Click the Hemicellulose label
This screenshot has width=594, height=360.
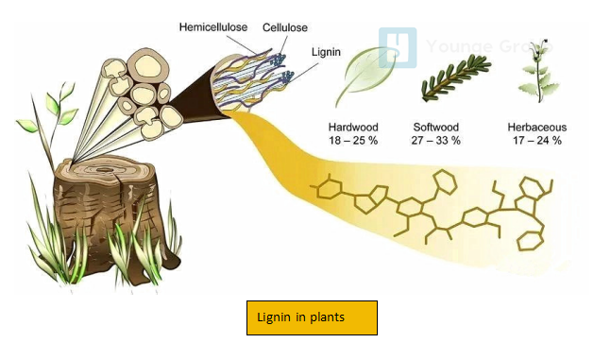point(216,26)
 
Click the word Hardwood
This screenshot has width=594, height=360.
point(353,127)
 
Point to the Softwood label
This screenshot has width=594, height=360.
point(436,127)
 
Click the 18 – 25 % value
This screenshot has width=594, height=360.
point(353,141)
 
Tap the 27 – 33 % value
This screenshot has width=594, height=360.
point(436,141)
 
